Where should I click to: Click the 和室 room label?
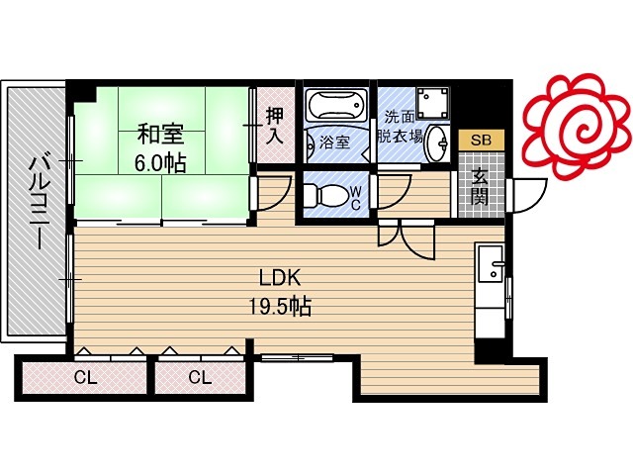tap(160, 135)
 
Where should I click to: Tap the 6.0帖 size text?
tap(160, 163)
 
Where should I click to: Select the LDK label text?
tap(280, 278)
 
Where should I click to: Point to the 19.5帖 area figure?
tap(280, 306)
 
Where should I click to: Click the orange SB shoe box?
tap(482, 140)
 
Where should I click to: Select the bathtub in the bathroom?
tap(336, 104)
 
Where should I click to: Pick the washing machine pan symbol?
tap(433, 101)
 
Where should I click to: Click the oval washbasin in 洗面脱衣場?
tap(437, 142)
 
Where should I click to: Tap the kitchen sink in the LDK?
tap(491, 264)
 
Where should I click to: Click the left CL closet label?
tap(86, 378)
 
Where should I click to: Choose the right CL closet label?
tap(200, 378)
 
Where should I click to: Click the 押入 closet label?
tap(275, 126)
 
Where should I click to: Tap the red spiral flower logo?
tap(577, 126)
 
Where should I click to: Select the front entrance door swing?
tap(529, 196)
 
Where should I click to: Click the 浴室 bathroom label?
tap(334, 142)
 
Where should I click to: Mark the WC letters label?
tap(356, 198)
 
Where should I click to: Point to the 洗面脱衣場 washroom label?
tap(400, 127)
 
